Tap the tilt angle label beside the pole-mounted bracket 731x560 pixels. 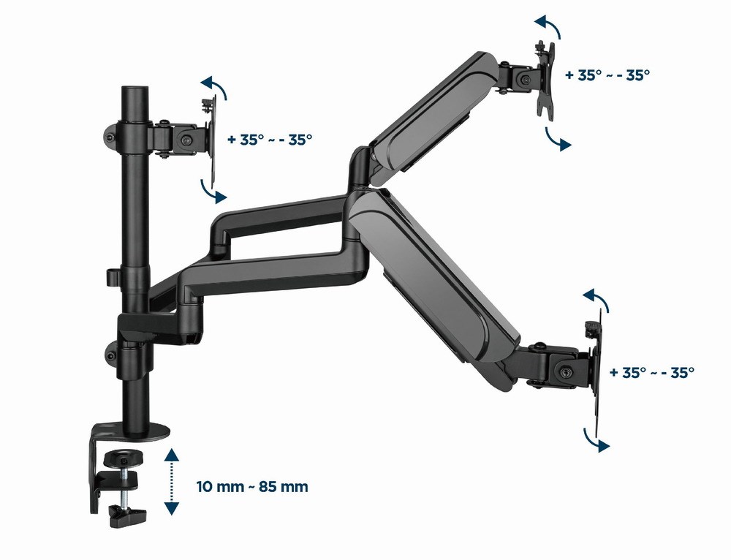click(270, 140)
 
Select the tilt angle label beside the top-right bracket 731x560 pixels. click(607, 74)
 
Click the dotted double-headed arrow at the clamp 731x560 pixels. click(170, 483)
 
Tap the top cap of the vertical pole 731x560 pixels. click(133, 91)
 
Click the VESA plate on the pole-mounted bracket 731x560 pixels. click(210, 139)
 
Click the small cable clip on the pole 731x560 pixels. click(111, 277)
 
